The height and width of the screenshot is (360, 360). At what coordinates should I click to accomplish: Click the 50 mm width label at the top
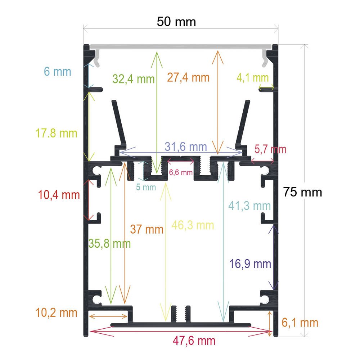176,22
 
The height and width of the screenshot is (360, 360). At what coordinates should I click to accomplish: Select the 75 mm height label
302,192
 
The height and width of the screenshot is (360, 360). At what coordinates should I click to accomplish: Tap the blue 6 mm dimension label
57,72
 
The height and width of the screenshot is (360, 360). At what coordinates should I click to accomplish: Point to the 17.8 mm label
56,133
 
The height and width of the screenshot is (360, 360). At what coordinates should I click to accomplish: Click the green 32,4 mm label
134,79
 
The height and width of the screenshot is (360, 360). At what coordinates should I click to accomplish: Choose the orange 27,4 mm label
188,77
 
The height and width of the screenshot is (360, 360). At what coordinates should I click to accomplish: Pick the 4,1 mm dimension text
253,78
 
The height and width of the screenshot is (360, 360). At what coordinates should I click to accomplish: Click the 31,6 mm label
186,147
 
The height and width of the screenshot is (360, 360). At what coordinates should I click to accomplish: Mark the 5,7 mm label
270,149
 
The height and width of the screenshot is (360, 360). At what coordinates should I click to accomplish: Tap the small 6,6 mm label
181,172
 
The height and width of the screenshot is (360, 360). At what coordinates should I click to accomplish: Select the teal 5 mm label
146,187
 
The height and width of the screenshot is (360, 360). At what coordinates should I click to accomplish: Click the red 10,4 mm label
59,195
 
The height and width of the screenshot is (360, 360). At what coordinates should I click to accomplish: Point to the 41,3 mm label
249,206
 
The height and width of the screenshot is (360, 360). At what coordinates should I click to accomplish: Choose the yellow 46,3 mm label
193,225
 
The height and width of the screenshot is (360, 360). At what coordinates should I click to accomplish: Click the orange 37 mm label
147,229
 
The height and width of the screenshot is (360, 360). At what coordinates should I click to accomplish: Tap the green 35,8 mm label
109,243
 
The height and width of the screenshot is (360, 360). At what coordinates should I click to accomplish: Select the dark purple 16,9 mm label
250,264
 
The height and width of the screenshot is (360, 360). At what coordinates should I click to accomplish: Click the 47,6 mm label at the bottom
194,341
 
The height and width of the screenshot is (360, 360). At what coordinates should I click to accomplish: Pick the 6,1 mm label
300,323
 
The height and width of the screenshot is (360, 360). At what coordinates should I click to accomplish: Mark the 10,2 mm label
56,313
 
